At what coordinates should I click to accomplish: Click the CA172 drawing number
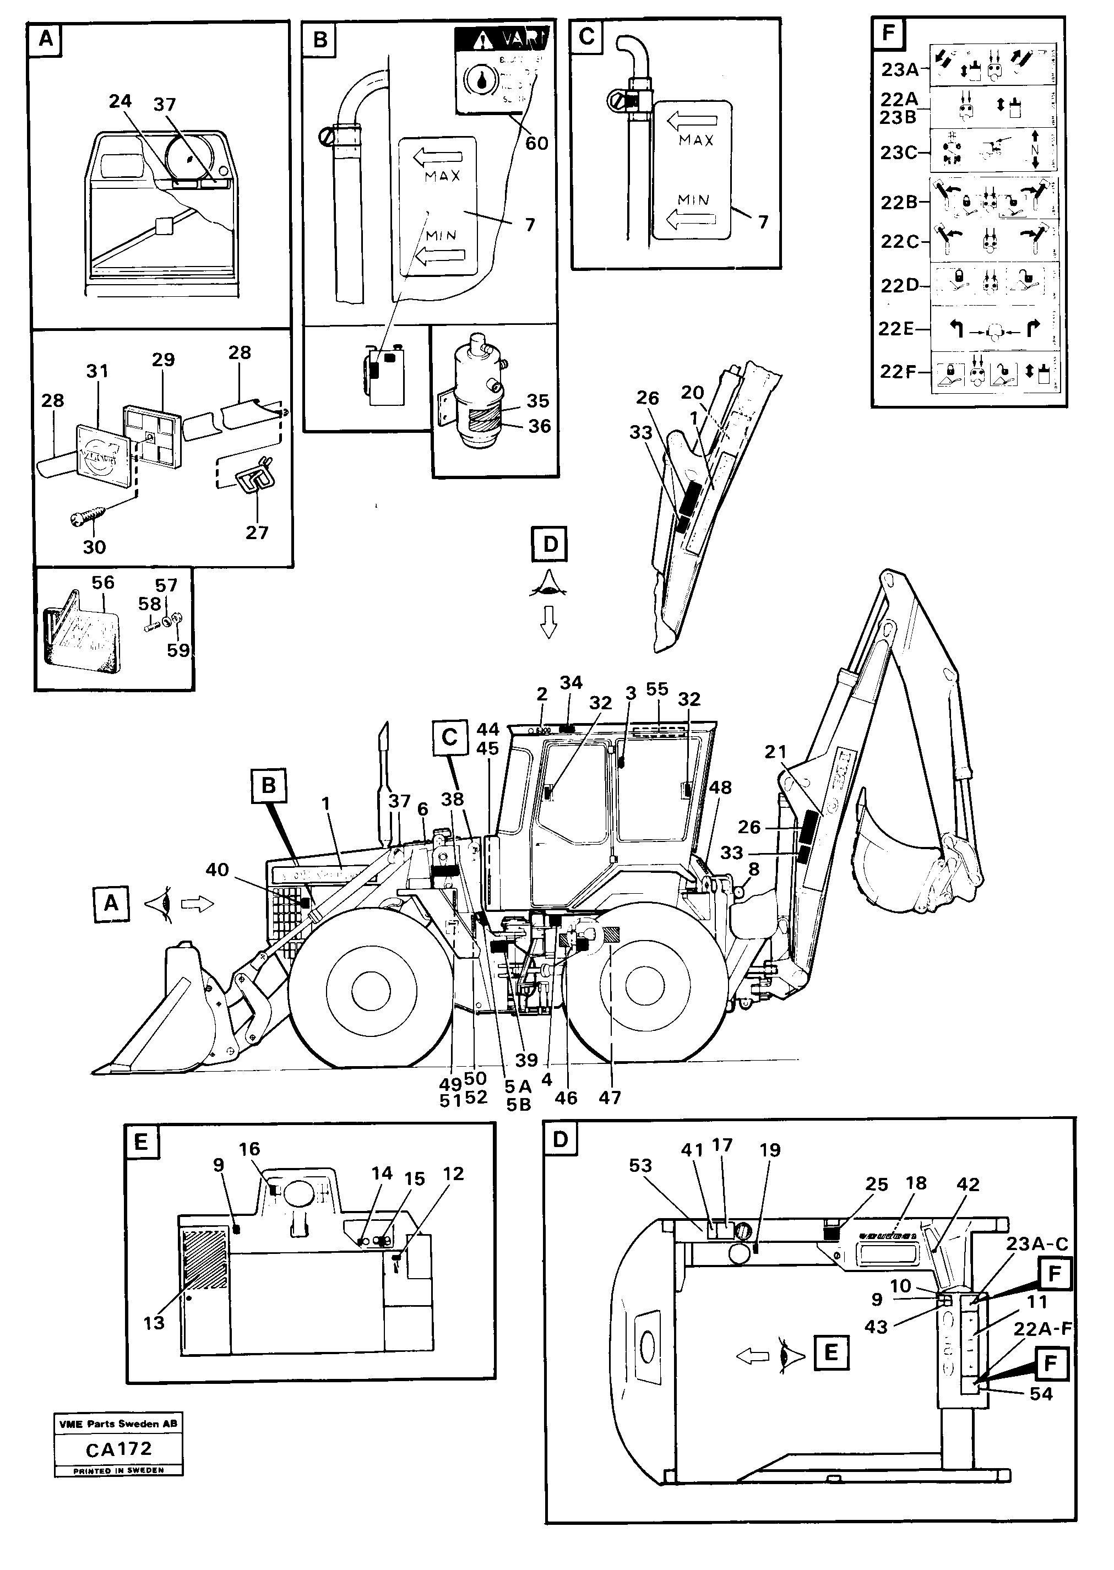click(119, 1449)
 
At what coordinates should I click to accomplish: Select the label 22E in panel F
click(896, 329)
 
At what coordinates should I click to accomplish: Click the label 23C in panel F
click(899, 153)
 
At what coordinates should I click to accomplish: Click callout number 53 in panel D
click(640, 1165)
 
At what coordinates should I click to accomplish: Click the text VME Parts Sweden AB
click(119, 1423)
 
